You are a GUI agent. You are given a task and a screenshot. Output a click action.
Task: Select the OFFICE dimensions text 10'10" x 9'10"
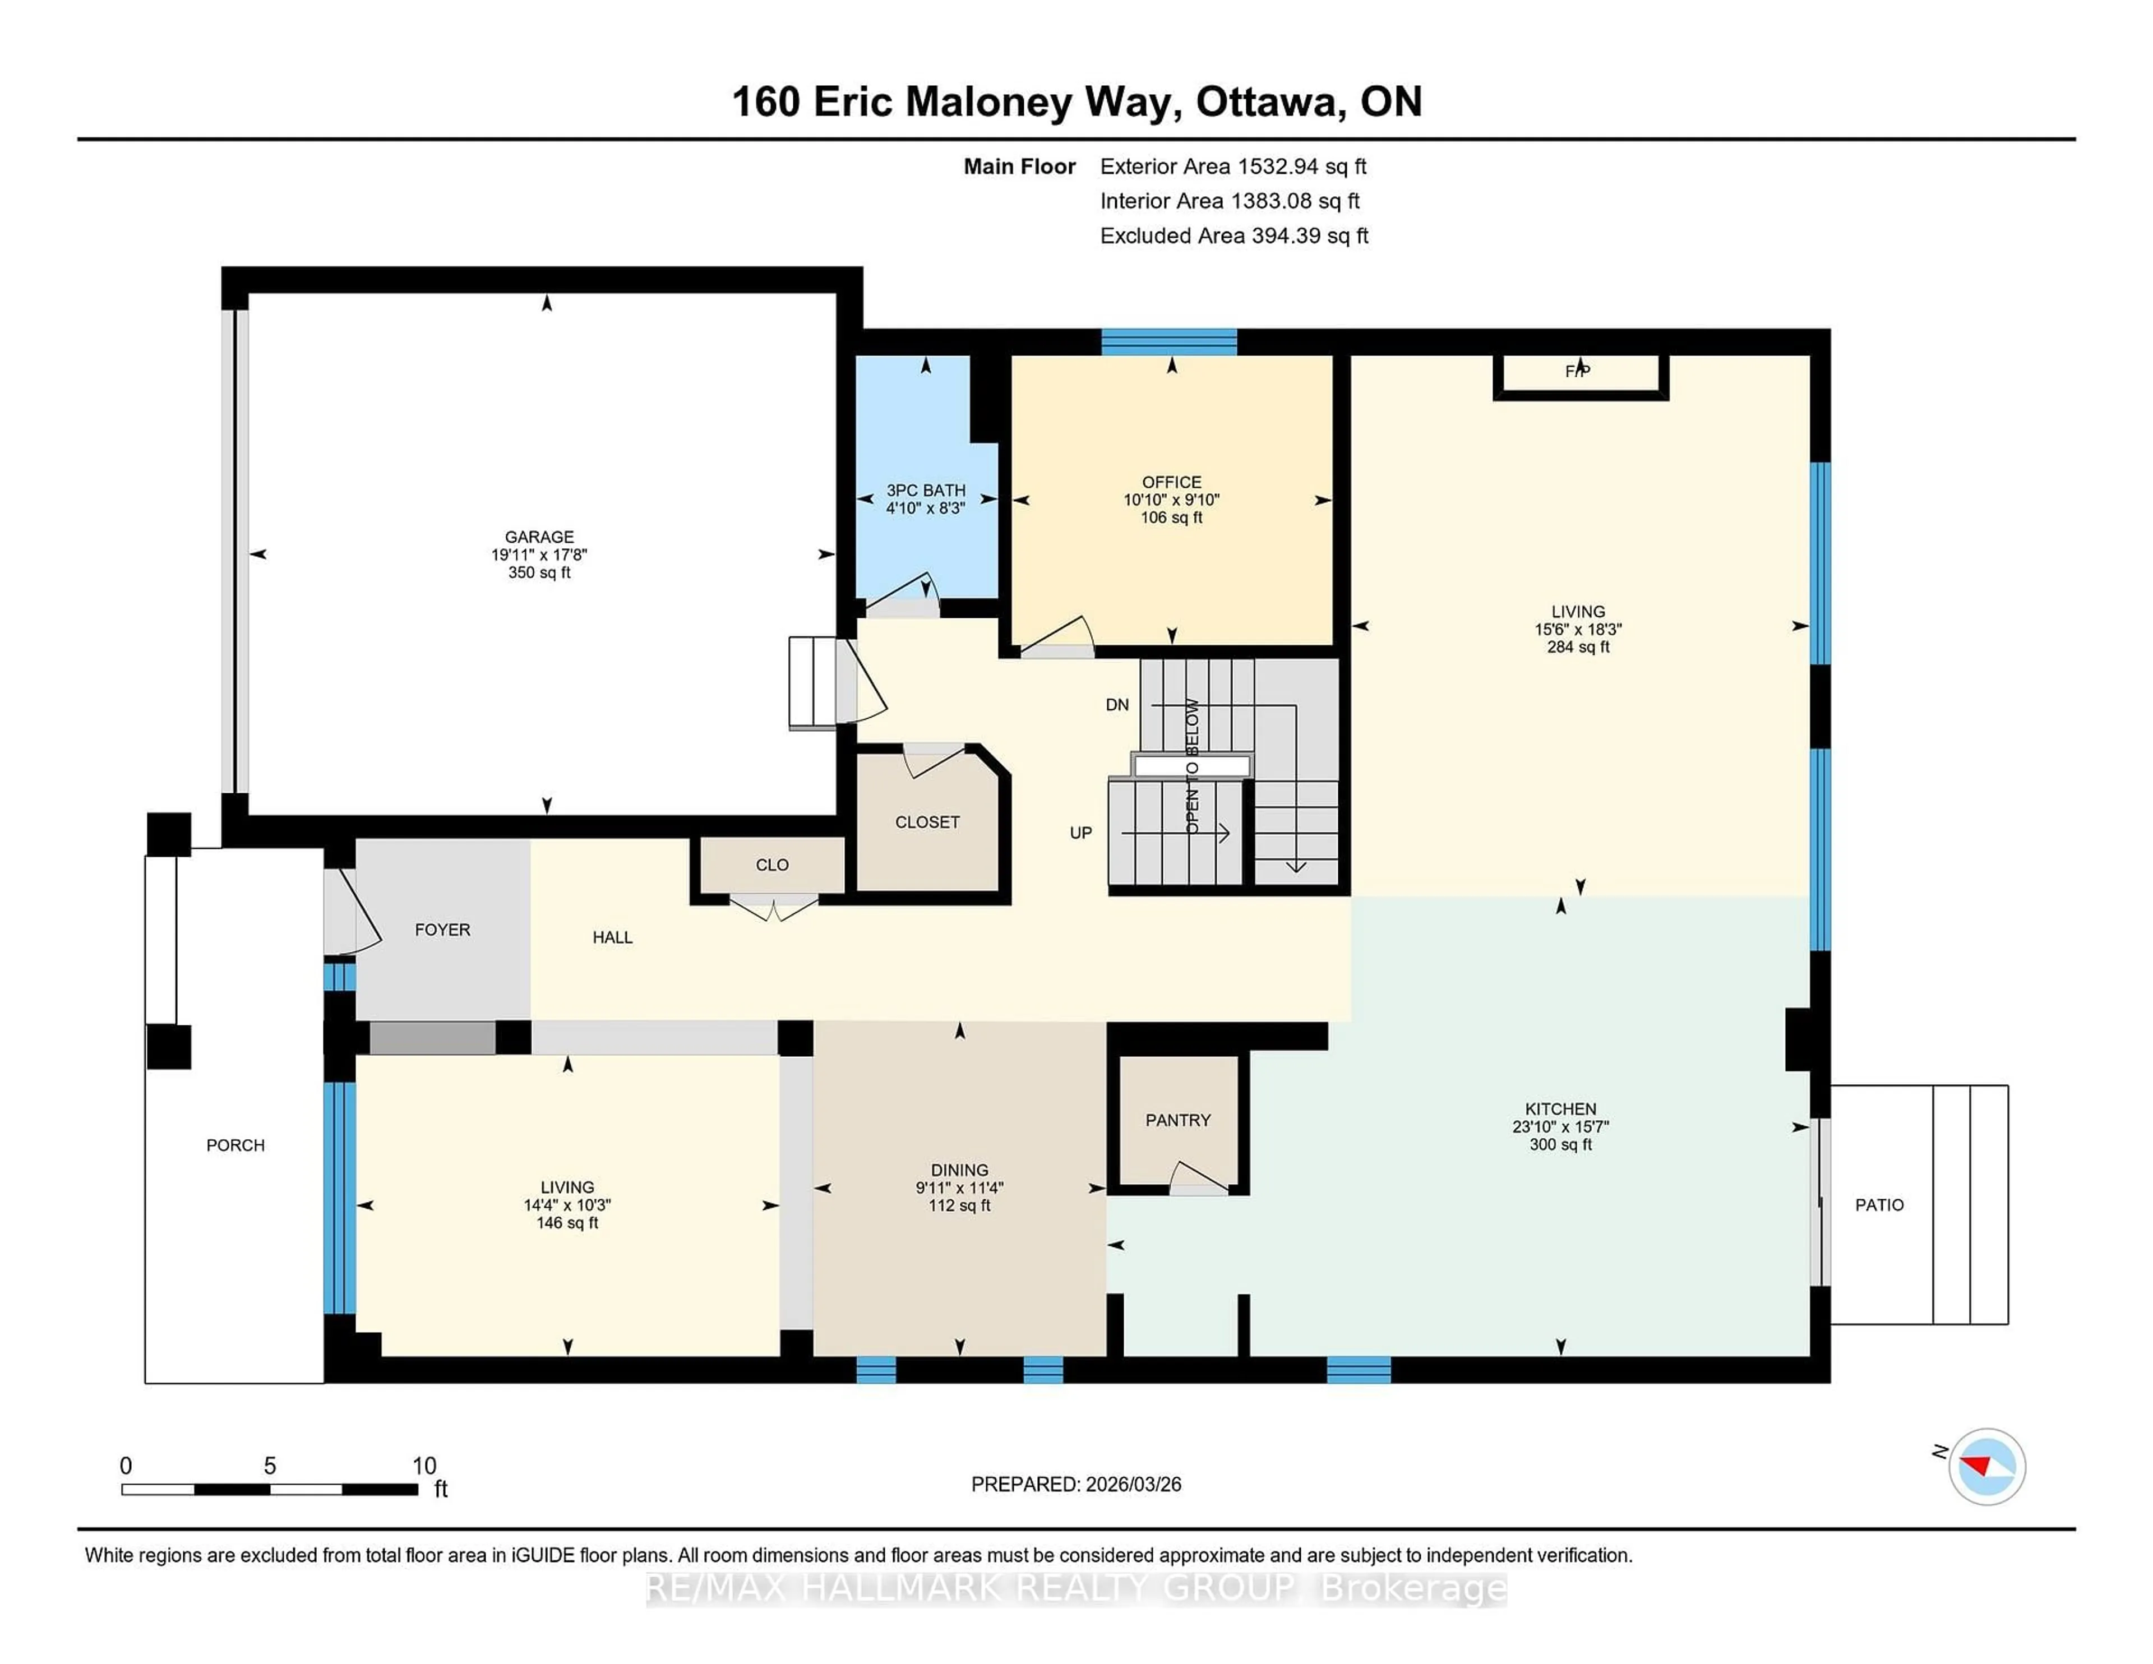pyautogui.click(x=1171, y=500)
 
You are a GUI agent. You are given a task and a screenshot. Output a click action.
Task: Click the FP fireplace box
pyautogui.click(x=1579, y=373)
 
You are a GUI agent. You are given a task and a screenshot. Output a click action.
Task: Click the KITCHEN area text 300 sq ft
pyautogui.click(x=1560, y=1144)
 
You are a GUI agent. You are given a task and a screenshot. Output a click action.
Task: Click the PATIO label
pyautogui.click(x=1879, y=1205)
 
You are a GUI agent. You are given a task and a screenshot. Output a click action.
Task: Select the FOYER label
pyautogui.click(x=442, y=930)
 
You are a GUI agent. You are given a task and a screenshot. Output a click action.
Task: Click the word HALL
pyautogui.click(x=612, y=937)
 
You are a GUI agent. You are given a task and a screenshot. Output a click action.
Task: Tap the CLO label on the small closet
pyautogui.click(x=772, y=865)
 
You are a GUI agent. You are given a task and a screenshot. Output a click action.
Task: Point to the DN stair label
pyautogui.click(x=1117, y=705)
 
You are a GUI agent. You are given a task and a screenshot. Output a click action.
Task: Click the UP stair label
pyautogui.click(x=1080, y=833)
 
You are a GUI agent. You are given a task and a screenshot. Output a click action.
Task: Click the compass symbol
pyautogui.click(x=1986, y=1466)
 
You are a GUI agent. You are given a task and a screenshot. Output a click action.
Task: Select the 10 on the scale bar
pyautogui.click(x=424, y=1466)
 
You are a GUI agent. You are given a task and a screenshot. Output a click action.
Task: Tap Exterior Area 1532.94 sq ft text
pyautogui.click(x=1232, y=167)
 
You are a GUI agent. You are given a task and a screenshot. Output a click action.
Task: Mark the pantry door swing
pyautogui.click(x=1199, y=1178)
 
